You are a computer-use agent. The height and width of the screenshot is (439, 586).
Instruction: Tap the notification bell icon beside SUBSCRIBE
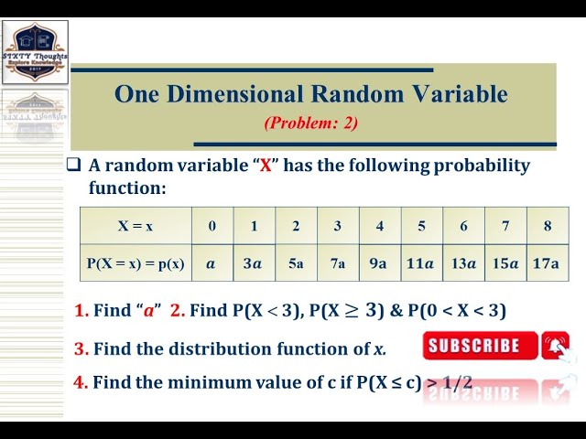pyautogui.click(x=555, y=346)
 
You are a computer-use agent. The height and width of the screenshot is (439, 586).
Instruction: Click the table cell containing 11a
pyautogui.click(x=421, y=263)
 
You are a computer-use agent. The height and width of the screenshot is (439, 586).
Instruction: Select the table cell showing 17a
pyautogui.click(x=547, y=263)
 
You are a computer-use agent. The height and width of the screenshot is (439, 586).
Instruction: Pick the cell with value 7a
pyautogui.click(x=338, y=263)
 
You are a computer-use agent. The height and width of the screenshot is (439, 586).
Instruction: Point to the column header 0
pyautogui.click(x=212, y=226)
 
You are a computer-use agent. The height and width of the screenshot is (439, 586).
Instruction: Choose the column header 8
pyautogui.click(x=548, y=226)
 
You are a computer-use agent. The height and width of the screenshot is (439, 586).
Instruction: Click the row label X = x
pyautogui.click(x=136, y=226)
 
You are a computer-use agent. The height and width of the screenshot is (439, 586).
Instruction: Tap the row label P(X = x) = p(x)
pyautogui.click(x=136, y=263)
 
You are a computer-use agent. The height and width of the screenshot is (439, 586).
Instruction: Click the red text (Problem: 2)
pyautogui.click(x=310, y=123)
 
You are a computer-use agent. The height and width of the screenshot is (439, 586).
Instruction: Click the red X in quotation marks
pyautogui.click(x=266, y=166)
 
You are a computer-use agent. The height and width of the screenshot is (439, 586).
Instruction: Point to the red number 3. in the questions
pyautogui.click(x=81, y=348)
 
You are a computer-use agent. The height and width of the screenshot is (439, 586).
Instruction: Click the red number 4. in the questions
pyautogui.click(x=81, y=382)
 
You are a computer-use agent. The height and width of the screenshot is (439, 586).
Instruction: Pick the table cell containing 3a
pyautogui.click(x=254, y=263)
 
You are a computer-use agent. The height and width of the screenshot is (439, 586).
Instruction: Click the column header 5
pyautogui.click(x=421, y=226)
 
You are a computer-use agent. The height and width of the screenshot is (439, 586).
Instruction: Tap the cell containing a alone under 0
pyautogui.click(x=212, y=263)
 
